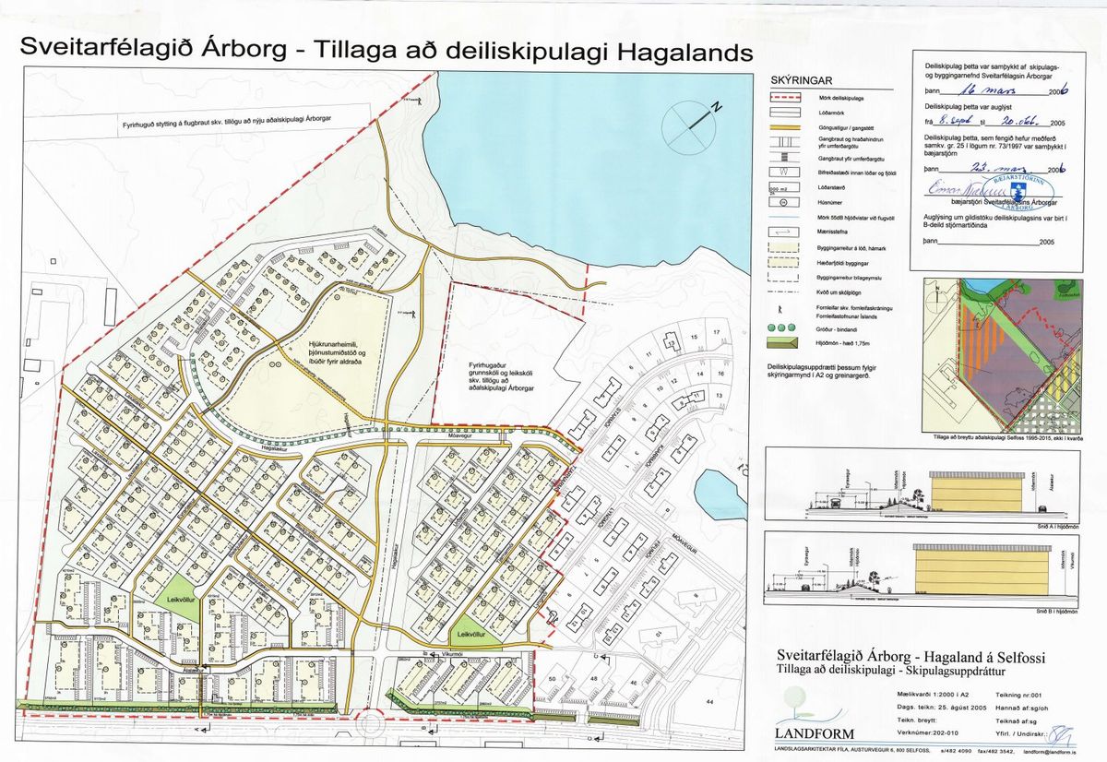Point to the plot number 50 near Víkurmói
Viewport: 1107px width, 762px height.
[x=553, y=678]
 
